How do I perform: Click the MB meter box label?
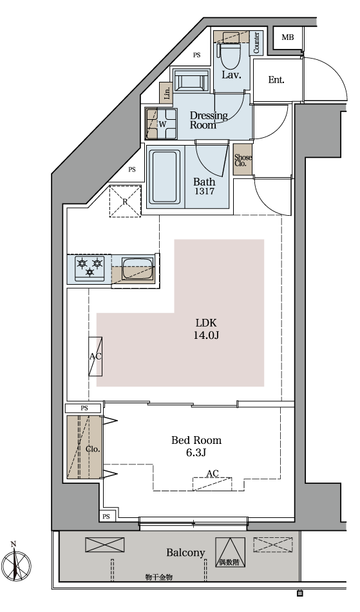(x=288, y=37)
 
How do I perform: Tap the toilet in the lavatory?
(x=231, y=55)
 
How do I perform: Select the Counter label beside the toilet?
(x=256, y=43)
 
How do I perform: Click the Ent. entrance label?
(x=276, y=80)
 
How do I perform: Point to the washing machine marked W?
(x=161, y=124)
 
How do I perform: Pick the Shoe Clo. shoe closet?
(x=243, y=159)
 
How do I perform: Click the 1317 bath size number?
(x=204, y=191)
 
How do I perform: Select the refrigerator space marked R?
(x=125, y=202)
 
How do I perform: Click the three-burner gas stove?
(x=90, y=269)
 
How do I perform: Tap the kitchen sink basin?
(x=137, y=269)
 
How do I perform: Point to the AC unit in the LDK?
(x=95, y=356)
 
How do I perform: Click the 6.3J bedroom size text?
(x=196, y=453)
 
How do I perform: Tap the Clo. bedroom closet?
(x=84, y=447)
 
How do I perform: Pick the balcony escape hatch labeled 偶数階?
(x=230, y=552)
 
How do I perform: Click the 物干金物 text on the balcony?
(x=158, y=577)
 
